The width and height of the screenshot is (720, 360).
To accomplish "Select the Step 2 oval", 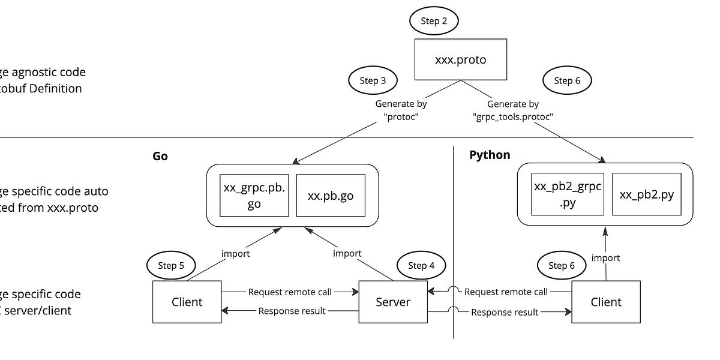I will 433,21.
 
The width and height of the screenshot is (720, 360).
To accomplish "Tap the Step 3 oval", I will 373,80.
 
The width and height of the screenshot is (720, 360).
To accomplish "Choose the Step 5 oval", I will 171,265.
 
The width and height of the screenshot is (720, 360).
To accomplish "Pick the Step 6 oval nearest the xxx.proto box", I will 567,80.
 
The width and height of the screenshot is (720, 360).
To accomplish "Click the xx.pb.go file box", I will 330,195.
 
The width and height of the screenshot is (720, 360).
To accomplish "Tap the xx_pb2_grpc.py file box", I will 567,194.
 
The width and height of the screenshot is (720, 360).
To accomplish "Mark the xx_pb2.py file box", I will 646,194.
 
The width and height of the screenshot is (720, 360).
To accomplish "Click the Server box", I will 393,302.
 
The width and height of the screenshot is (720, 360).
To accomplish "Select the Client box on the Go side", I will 187,302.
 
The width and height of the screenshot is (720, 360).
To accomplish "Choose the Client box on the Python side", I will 606,302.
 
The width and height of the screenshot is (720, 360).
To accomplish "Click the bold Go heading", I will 160,155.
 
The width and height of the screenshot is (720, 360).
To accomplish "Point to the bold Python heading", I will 490,155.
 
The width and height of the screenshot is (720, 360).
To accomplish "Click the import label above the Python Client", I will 605,257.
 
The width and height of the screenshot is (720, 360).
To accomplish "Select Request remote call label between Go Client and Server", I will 290,292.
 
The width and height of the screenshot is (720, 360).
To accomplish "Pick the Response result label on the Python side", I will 505,312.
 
